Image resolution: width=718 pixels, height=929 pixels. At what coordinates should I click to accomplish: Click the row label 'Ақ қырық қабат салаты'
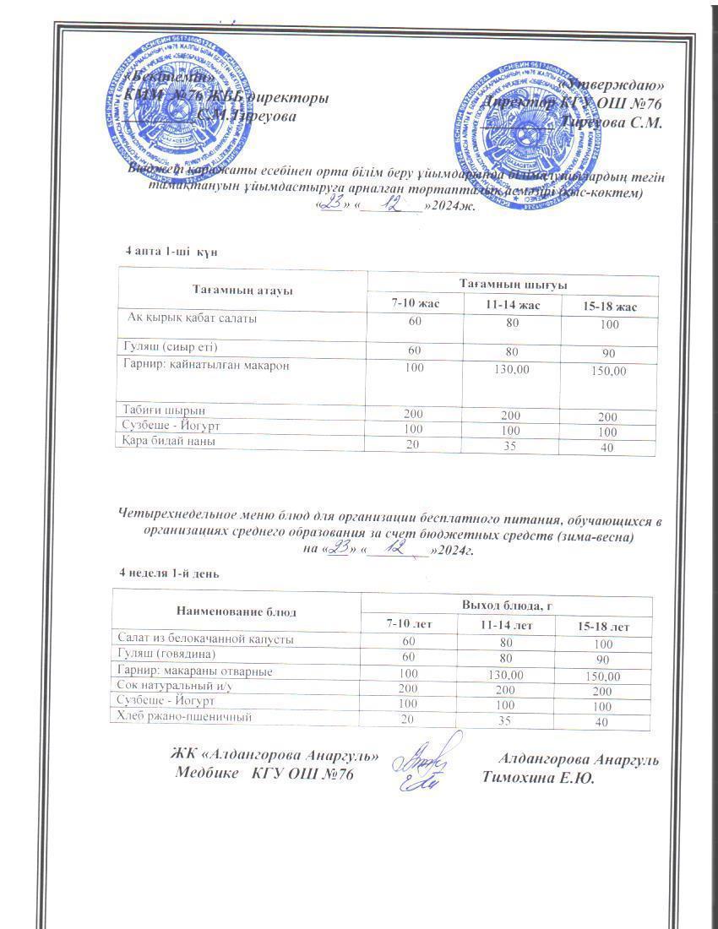tap(192, 319)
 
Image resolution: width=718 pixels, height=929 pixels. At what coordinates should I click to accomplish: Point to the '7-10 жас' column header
tap(415, 303)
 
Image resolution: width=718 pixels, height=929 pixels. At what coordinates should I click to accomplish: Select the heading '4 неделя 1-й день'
tap(170, 573)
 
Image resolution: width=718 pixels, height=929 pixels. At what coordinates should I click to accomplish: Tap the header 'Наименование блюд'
tap(236, 610)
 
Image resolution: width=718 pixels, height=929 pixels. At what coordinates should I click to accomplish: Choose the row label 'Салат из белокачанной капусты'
tap(205, 639)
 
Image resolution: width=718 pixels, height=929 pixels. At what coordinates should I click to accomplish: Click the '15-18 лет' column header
tap(603, 627)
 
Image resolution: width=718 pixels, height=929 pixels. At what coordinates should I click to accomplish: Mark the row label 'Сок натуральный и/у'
tap(175, 687)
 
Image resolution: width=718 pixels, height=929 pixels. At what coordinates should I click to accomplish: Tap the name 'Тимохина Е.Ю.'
tap(538, 779)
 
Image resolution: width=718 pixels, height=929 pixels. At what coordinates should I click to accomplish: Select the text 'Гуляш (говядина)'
tap(167, 655)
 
